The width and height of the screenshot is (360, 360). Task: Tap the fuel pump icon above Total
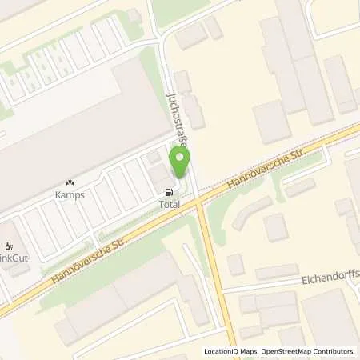(169, 192)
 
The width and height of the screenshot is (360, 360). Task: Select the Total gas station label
(170, 205)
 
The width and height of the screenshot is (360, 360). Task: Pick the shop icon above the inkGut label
(10, 246)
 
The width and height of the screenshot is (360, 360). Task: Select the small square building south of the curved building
(277, 227)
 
